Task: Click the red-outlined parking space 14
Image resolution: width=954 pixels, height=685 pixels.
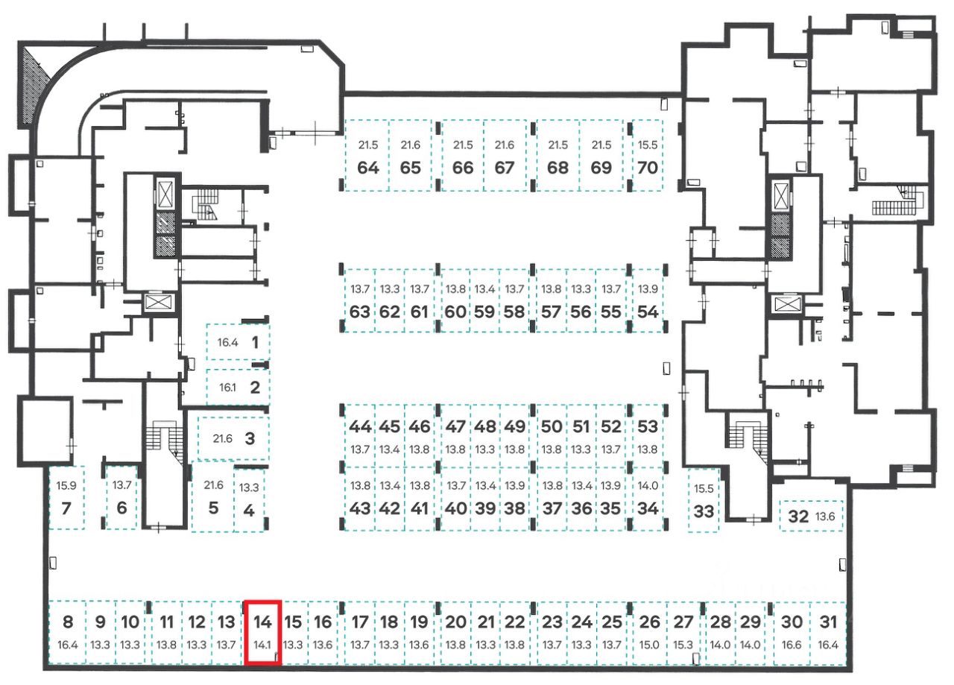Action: point(262,632)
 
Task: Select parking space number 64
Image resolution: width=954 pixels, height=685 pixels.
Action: point(367,167)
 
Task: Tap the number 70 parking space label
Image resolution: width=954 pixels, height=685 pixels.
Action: point(648,167)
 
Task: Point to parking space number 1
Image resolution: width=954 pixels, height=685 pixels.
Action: point(255,343)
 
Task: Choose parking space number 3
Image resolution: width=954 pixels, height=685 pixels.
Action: point(250,438)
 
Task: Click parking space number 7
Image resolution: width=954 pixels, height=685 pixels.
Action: point(66,510)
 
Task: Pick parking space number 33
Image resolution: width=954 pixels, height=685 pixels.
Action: point(703,511)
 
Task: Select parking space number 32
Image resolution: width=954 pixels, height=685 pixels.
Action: point(798,516)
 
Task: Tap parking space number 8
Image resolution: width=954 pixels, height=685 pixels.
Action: point(67,622)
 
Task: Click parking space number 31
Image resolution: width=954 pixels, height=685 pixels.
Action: point(827,622)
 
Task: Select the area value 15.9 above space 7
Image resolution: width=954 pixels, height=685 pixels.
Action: point(66,485)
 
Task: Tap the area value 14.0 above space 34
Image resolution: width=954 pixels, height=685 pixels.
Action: point(648,485)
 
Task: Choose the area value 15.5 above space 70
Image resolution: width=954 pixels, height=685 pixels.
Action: point(648,145)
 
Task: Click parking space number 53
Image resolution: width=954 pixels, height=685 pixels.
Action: point(648,426)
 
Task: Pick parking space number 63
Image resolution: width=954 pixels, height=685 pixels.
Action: point(359,312)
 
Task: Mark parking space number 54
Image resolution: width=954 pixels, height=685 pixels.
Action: point(648,312)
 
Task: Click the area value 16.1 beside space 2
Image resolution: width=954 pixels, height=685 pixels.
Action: point(227,388)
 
